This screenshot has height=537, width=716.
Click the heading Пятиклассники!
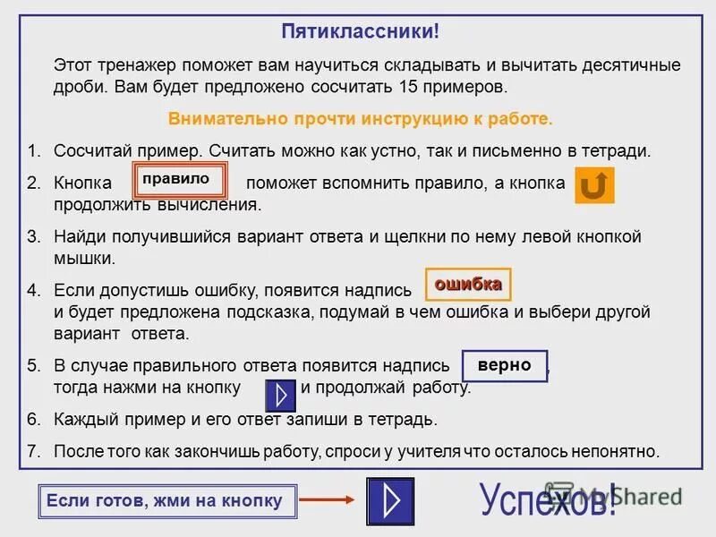tap(360, 32)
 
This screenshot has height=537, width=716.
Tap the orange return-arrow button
tap(593, 185)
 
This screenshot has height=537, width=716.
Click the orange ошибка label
tap(467, 285)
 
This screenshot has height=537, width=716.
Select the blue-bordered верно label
tap(504, 366)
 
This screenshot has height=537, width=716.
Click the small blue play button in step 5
tap(281, 395)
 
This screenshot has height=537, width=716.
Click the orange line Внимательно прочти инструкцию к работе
tap(361, 119)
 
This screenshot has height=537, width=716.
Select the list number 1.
tap(33, 150)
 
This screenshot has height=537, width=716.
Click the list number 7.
tap(33, 451)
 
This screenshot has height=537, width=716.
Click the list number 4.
tap(33, 290)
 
